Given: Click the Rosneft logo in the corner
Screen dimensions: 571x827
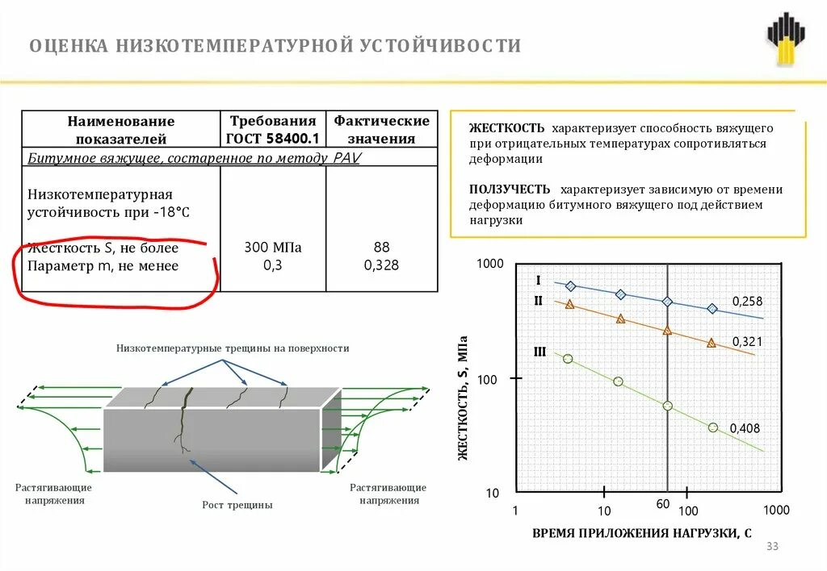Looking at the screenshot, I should (x=786, y=40).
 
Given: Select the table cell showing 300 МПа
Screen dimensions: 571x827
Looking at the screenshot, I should (x=272, y=248).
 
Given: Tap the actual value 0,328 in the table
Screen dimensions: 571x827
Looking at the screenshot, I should (x=381, y=265).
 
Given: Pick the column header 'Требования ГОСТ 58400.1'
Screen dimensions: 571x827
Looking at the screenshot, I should (x=272, y=129).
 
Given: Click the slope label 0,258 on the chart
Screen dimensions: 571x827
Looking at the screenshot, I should (x=747, y=301).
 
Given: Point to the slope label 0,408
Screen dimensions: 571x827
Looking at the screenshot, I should (x=745, y=428).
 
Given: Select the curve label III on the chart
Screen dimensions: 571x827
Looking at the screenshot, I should (x=540, y=351).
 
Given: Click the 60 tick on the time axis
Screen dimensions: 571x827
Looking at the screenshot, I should (x=663, y=504).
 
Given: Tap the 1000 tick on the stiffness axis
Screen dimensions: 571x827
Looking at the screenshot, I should (x=489, y=265).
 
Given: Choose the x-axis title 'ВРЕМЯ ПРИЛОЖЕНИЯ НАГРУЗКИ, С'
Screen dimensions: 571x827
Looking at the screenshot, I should (x=642, y=533).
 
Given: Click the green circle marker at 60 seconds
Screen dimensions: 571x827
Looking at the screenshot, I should (x=667, y=406).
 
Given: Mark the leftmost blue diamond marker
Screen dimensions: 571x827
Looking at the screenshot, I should (x=570, y=286).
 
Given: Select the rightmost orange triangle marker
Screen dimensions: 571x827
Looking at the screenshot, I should (x=711, y=343).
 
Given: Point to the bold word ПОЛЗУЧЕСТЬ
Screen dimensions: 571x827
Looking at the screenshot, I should (x=510, y=190).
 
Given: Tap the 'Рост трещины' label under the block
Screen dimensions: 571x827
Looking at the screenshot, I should (x=237, y=505).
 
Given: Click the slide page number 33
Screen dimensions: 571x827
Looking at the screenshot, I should (x=771, y=547).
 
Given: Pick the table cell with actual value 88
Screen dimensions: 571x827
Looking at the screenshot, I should (x=381, y=248).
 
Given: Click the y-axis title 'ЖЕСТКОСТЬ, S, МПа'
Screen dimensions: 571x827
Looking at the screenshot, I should (x=463, y=399).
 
